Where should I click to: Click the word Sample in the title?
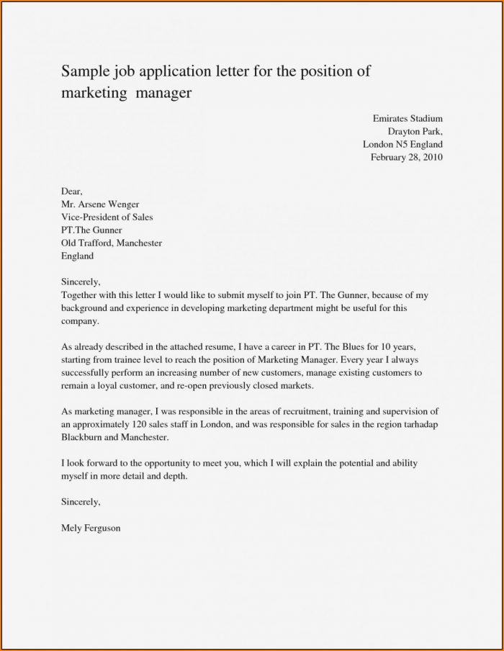(x=84, y=72)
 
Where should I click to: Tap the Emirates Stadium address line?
(x=408, y=118)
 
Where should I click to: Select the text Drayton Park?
(x=415, y=131)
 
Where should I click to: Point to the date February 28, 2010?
(x=407, y=157)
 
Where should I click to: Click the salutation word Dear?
(x=72, y=192)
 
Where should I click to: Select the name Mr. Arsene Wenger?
(x=101, y=205)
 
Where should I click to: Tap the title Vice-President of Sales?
(x=107, y=217)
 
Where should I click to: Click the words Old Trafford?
(x=88, y=243)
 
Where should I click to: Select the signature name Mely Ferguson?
(x=91, y=528)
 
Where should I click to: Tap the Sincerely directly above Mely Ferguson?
(x=81, y=501)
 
